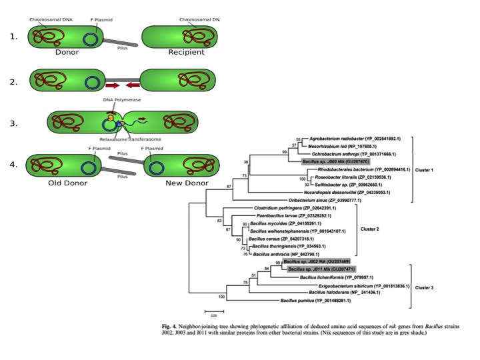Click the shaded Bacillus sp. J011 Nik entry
click(x=317, y=269)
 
